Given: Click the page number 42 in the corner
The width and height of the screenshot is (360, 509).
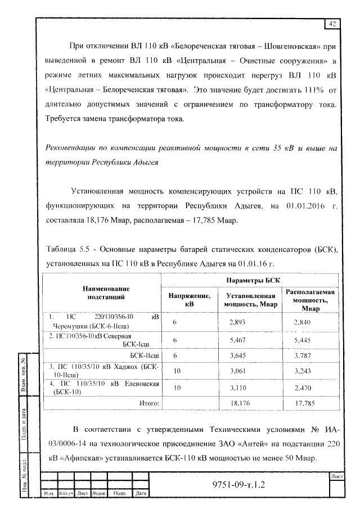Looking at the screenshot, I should [x=332, y=23].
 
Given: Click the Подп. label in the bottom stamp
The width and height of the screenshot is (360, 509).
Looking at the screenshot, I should [x=119, y=494].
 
